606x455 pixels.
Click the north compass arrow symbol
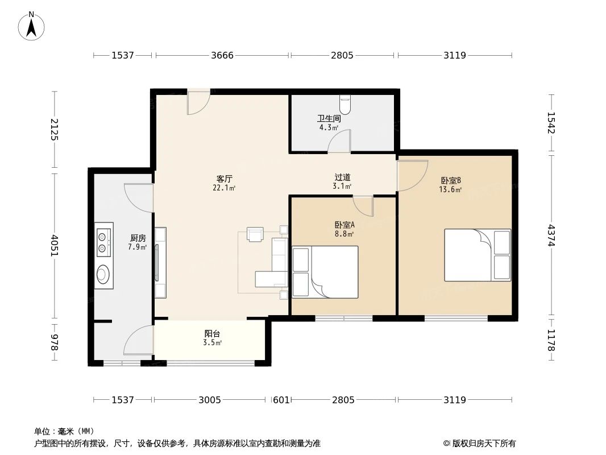[x=32, y=26]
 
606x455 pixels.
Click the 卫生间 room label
[x=329, y=119]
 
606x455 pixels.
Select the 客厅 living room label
[x=225, y=178]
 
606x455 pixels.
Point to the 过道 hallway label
[x=342, y=177]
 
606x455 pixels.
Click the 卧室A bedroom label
[x=344, y=225]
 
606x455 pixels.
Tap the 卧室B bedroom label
[x=450, y=180]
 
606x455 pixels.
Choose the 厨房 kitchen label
[x=138, y=238]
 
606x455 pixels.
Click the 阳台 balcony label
[x=212, y=334]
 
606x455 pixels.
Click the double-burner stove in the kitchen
[x=103, y=241]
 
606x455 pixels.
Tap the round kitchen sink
[x=103, y=275]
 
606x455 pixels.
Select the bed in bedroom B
[x=478, y=255]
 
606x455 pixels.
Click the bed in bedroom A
[x=325, y=272]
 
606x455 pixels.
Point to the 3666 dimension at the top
[x=222, y=55]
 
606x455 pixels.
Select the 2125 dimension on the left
[x=55, y=130]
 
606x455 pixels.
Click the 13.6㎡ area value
[x=450, y=190]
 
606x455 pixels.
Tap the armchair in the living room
[x=255, y=234]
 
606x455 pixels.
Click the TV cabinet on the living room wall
[x=160, y=263]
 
